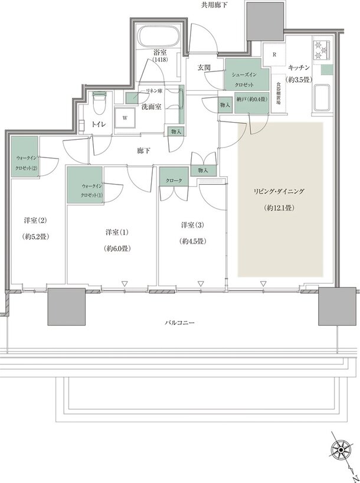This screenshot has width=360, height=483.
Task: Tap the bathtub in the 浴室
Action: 158,37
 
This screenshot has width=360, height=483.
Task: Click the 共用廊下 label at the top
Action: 212,5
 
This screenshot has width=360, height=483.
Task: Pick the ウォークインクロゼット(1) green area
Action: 85,185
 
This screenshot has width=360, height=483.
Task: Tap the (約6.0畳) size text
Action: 117,249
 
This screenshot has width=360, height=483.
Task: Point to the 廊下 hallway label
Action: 143,151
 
